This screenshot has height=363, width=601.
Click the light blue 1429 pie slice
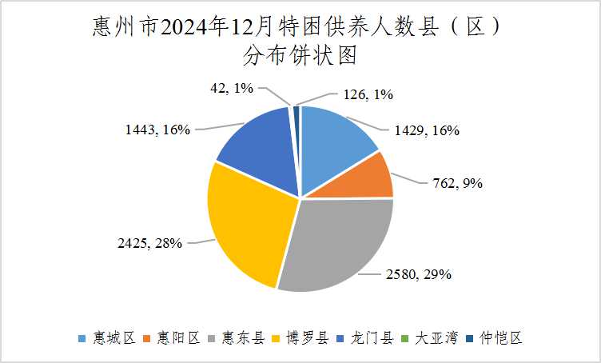(x=336, y=140)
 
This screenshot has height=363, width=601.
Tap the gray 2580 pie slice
(x=336, y=244)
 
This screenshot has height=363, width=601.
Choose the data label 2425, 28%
(x=153, y=241)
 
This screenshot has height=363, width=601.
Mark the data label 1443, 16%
(x=157, y=129)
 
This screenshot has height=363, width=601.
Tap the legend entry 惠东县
(x=233, y=338)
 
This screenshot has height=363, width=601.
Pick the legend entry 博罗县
(x=299, y=338)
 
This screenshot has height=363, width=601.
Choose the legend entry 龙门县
(x=364, y=338)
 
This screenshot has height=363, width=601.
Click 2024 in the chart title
(x=183, y=28)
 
